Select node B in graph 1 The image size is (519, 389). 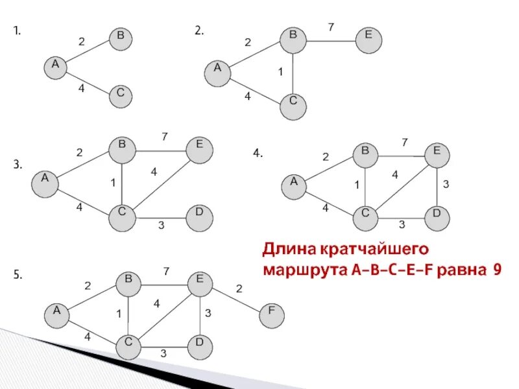[120, 38]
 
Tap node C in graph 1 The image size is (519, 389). [120, 95]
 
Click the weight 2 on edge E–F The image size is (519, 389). [239, 289]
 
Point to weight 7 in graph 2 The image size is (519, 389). [331, 27]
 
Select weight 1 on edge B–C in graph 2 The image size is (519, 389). [280, 71]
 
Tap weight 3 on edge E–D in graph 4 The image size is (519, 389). [446, 185]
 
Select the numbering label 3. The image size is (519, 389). [18, 165]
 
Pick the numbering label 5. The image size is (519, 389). [18, 275]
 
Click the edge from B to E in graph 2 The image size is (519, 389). [331, 40]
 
